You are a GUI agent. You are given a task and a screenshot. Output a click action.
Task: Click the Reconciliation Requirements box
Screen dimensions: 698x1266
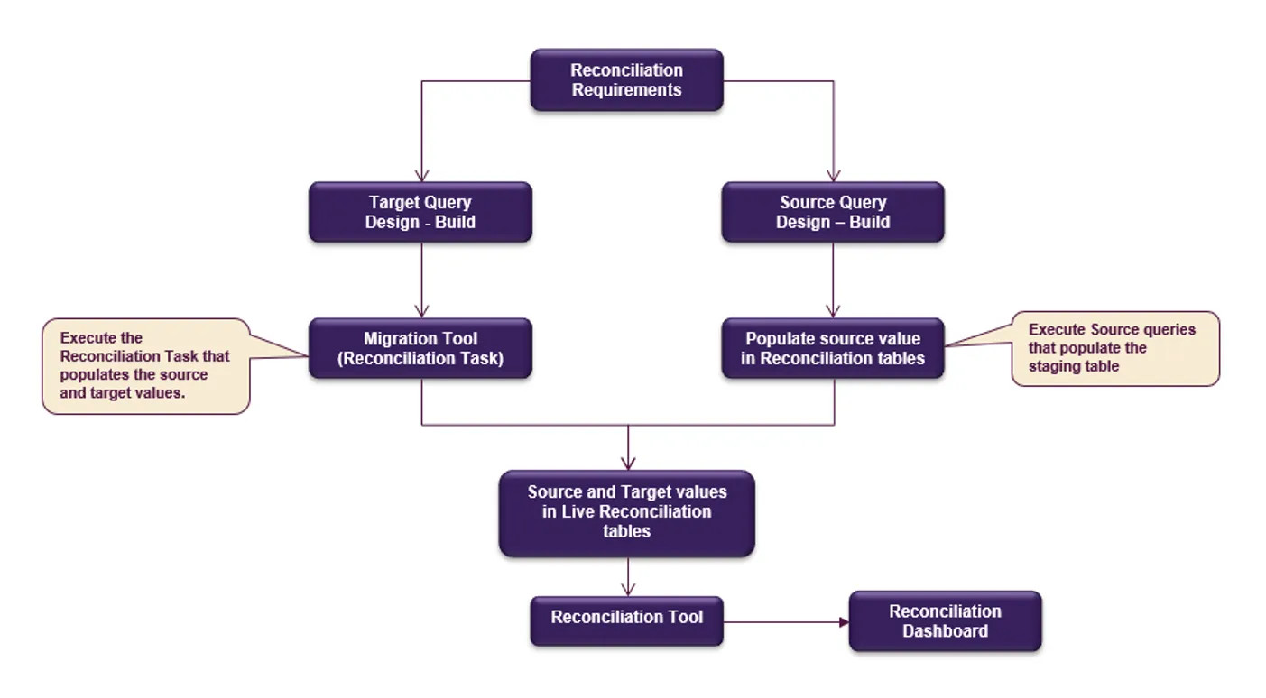[x=626, y=80]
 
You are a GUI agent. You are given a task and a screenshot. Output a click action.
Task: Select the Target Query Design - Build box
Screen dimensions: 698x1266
[x=420, y=212]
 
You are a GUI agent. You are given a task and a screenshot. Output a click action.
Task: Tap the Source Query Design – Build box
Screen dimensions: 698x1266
[x=832, y=212]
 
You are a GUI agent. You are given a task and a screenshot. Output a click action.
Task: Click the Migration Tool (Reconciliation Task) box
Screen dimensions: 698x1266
[x=420, y=348]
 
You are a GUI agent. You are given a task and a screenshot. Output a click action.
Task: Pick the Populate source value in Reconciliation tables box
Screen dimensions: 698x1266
[x=832, y=348]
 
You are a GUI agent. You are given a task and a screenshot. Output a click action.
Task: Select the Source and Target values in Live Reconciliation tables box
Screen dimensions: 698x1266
[x=626, y=512]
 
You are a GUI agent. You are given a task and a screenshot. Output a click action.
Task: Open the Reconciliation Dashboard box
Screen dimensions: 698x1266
[x=945, y=621]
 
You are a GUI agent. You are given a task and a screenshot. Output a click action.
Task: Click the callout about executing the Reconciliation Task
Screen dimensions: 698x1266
[x=144, y=365]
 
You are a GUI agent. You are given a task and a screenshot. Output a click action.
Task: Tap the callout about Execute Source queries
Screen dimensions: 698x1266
[x=1114, y=348]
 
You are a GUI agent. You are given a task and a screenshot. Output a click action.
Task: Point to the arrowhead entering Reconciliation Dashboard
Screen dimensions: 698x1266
[x=844, y=622]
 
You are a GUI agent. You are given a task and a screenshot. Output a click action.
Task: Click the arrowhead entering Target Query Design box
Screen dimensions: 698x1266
[x=420, y=176]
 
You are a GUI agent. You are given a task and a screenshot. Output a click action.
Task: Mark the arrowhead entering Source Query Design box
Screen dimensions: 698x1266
[x=833, y=176]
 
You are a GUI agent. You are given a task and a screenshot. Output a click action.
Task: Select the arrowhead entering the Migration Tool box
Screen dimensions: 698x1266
[x=420, y=311]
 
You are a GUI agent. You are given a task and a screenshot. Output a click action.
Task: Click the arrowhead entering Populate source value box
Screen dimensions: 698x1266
[x=833, y=311]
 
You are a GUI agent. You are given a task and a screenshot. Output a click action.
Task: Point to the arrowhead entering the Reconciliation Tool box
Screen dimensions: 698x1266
[x=628, y=590]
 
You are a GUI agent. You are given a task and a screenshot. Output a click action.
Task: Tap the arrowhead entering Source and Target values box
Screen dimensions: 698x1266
[x=628, y=464]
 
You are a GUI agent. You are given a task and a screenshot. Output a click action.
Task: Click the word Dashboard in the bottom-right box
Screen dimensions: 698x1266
[x=945, y=631]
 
